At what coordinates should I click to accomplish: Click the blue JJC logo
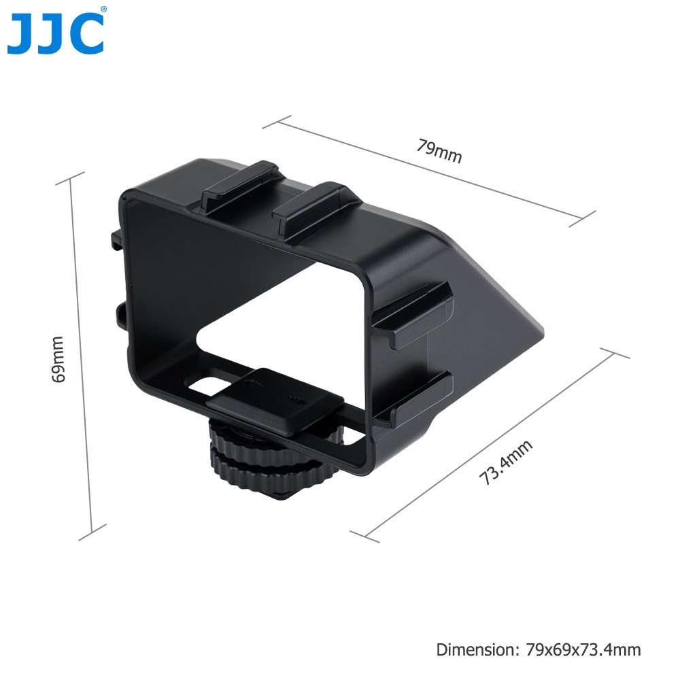click(56, 34)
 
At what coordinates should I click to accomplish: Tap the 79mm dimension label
click(439, 151)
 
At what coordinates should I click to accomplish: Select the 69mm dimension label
click(58, 359)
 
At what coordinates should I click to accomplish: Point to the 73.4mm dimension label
click(505, 462)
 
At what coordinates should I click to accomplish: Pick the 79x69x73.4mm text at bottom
click(583, 649)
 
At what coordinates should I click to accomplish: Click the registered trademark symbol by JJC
click(103, 10)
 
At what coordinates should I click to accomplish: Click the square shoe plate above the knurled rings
click(275, 402)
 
